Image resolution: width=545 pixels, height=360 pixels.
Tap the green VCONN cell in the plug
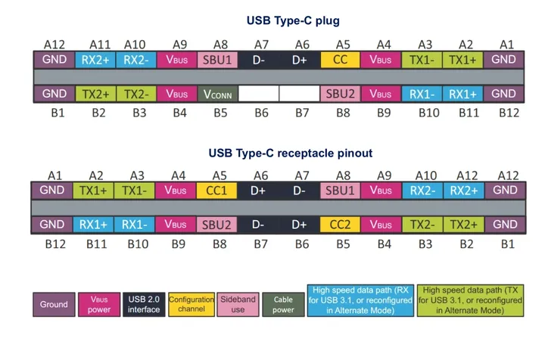[x=217, y=94]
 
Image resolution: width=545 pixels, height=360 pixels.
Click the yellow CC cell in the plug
[x=340, y=60]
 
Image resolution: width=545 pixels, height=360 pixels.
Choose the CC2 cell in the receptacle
[x=340, y=225]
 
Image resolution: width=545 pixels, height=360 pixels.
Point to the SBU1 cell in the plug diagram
[x=217, y=60]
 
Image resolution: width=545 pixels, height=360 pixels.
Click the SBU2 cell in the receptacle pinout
[x=217, y=225]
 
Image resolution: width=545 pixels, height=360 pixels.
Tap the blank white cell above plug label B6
[x=258, y=94]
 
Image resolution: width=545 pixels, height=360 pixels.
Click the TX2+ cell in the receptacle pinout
[x=462, y=225]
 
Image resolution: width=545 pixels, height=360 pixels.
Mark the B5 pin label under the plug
[x=218, y=113]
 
